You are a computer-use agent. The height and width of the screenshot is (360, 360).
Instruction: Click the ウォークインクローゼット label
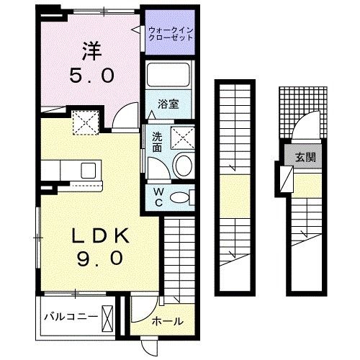coord(171,33)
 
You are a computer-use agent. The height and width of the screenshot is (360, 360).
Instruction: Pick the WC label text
coord(157,197)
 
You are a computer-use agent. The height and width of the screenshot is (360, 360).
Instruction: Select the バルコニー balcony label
coord(68,317)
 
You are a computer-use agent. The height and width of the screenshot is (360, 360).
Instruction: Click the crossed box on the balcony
coord(108,317)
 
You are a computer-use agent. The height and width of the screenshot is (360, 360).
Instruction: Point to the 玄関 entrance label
coord(302,156)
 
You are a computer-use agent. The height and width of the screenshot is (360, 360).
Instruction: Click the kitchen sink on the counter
coord(87,170)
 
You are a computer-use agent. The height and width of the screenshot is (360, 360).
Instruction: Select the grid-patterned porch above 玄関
coord(296,107)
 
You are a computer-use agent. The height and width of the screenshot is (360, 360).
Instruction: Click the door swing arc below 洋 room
coord(127,113)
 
